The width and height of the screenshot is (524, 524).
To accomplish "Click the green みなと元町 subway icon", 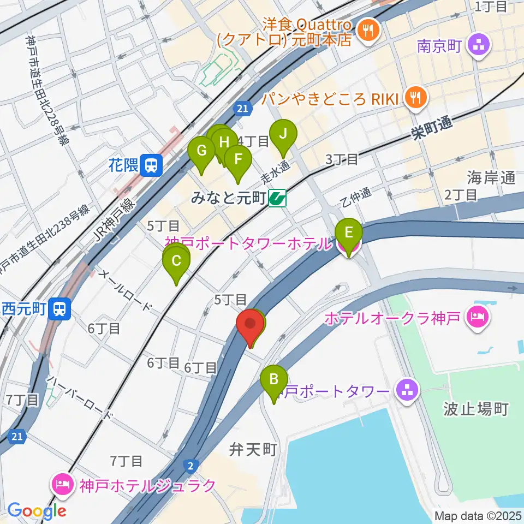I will [x=277, y=198].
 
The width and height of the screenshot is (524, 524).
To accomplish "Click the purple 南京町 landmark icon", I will [x=480, y=46].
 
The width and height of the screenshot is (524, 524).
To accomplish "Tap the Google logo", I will [x=37, y=511].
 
